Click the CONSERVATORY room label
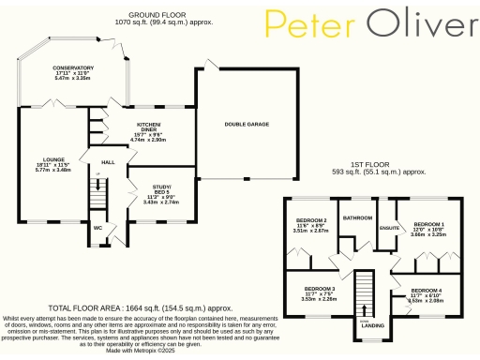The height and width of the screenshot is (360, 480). [74, 68]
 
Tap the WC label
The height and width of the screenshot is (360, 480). [97, 226]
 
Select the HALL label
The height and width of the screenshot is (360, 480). [107, 162]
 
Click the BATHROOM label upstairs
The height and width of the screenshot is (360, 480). [357, 217]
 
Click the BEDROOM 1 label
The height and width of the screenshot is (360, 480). [429, 224]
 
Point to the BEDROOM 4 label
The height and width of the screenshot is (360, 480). [427, 291]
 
